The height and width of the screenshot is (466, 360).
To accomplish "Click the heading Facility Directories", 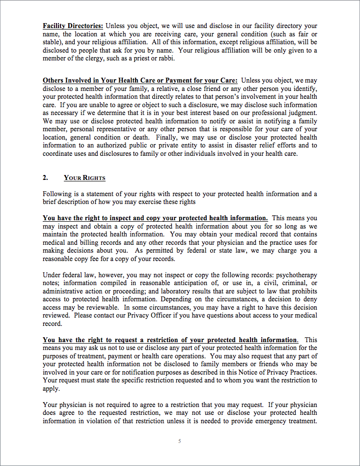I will click(x=73, y=26).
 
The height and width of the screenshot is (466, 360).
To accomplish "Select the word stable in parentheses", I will click(x=53, y=42).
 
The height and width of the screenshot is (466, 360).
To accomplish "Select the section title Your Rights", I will click(x=84, y=178).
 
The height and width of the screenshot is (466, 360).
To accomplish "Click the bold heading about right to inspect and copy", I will click(x=155, y=218).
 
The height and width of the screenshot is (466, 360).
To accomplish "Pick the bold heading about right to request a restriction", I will click(x=170, y=340).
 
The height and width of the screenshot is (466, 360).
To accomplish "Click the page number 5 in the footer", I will click(x=180, y=441).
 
